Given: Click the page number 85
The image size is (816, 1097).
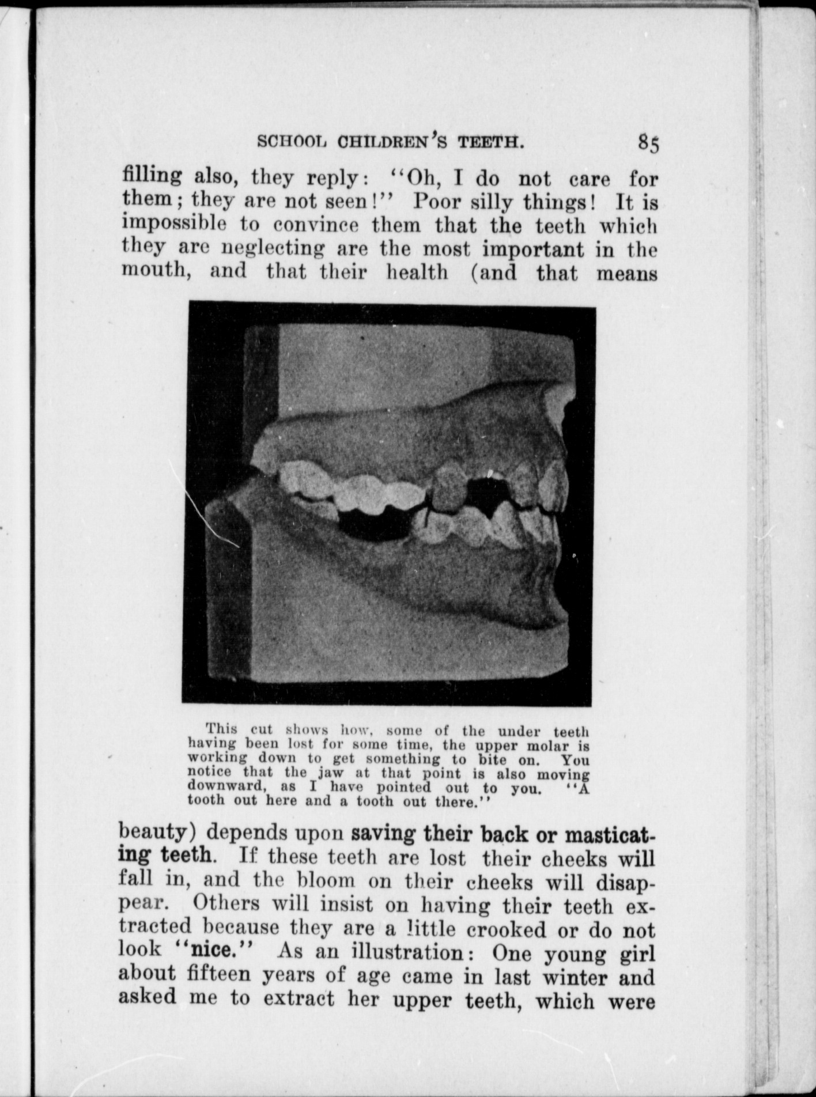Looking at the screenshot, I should point(648,143).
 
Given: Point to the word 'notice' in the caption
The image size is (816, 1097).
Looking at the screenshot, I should point(210,773).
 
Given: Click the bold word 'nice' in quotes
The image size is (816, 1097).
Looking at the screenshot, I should point(211,948).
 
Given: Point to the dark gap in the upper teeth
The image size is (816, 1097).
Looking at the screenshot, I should point(484,489).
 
